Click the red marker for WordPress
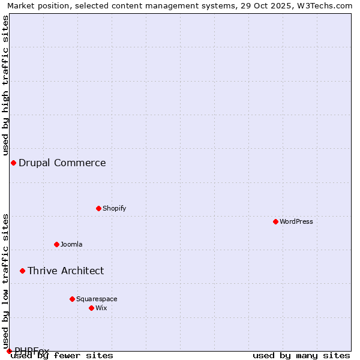pyautogui.click(x=275, y=221)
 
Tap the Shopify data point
pyautogui.click(x=98, y=208)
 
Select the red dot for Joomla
pyautogui.click(x=56, y=244)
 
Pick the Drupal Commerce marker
pyautogui.click(x=13, y=163)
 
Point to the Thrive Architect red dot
pyautogui.click(x=22, y=271)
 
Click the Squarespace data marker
pyautogui.click(x=72, y=299)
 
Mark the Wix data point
pyautogui.click(x=91, y=308)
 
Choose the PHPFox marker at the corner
pyautogui.click(x=9, y=351)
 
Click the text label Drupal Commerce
pyautogui.click(x=62, y=163)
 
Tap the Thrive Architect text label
pyautogui.click(x=65, y=271)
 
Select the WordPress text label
pyautogui.click(x=296, y=221)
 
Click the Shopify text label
pyautogui.click(x=114, y=208)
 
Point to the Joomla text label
pyautogui.click(x=71, y=244)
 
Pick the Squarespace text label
pyautogui.click(x=97, y=299)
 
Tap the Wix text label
pyautogui.click(x=101, y=308)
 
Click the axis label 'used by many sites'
pyautogui.click(x=301, y=355)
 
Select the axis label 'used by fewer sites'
pyautogui.click(x=62, y=355)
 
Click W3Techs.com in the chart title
pyautogui.click(x=329, y=5)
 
